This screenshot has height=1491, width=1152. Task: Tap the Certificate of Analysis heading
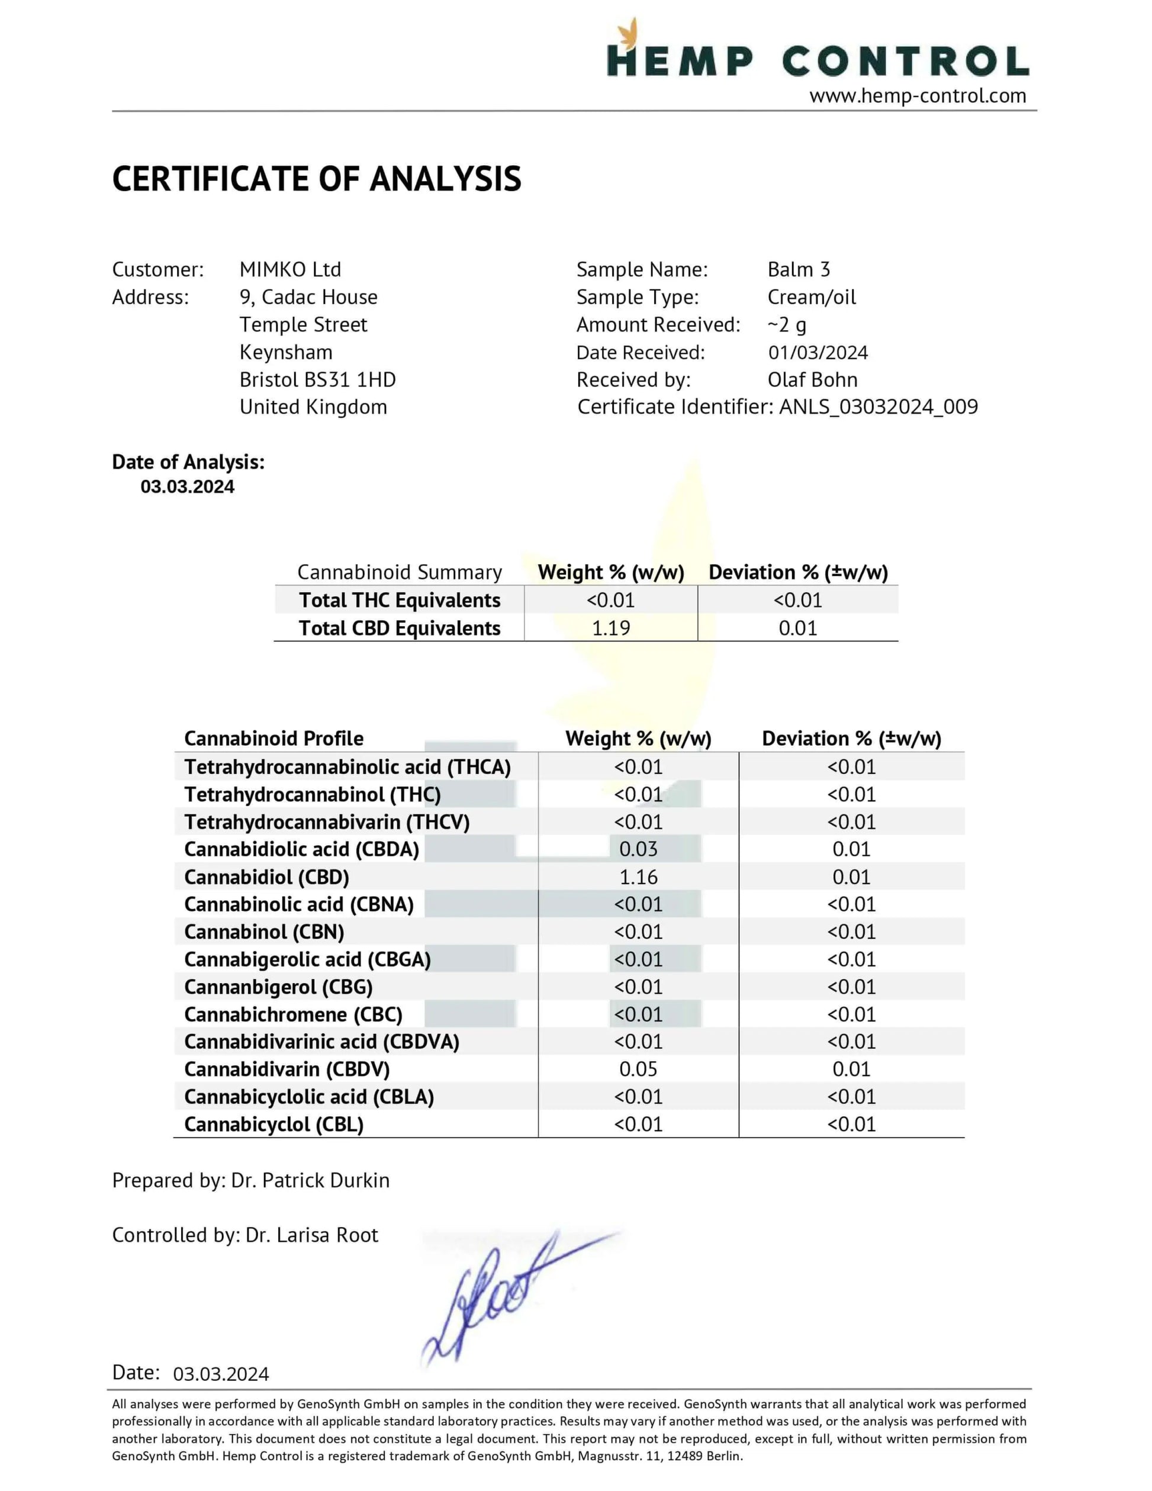[x=316, y=179]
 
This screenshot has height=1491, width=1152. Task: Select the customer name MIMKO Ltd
[x=290, y=270]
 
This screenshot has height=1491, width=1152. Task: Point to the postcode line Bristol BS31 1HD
[x=317, y=379]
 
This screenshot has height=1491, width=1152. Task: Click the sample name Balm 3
[x=798, y=270]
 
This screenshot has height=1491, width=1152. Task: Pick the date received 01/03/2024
[x=818, y=352]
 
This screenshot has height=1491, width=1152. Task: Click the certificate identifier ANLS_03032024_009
[x=878, y=407]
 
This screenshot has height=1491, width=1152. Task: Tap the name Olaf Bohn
[x=812, y=379]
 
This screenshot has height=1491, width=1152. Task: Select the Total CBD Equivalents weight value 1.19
[x=610, y=628]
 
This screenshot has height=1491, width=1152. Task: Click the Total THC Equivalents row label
[x=400, y=600]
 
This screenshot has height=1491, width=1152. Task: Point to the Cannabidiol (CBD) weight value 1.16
[x=638, y=877]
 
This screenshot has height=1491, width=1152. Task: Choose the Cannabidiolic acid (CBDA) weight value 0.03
[x=638, y=849]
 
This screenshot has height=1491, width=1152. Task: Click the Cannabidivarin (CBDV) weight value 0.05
[x=638, y=1069]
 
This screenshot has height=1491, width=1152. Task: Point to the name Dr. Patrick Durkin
[x=310, y=1180]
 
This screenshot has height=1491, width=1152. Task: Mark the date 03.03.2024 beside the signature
[x=221, y=1374]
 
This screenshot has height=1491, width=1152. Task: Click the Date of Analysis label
[x=188, y=462]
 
